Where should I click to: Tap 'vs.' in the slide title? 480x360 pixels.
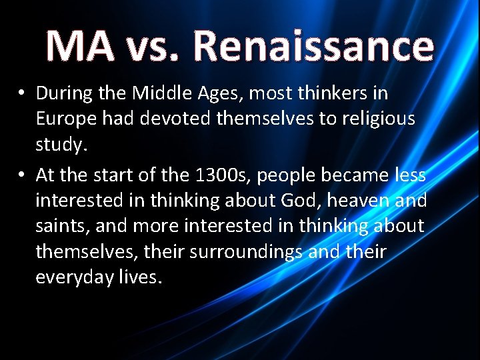[152, 46]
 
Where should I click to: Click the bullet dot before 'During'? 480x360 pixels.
[23, 93]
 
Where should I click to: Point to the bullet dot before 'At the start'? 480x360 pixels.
[23, 175]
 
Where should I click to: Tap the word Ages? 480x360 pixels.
[221, 94]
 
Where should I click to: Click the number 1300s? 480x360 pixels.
[213, 175]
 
